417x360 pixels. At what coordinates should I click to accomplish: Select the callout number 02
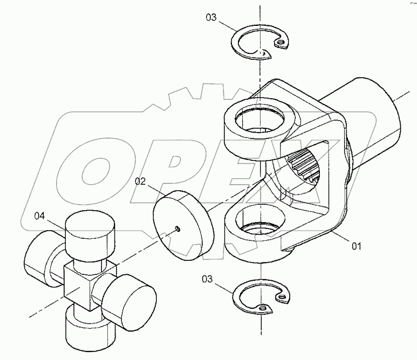click(x=140, y=182)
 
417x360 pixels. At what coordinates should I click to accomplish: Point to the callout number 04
click(x=40, y=216)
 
